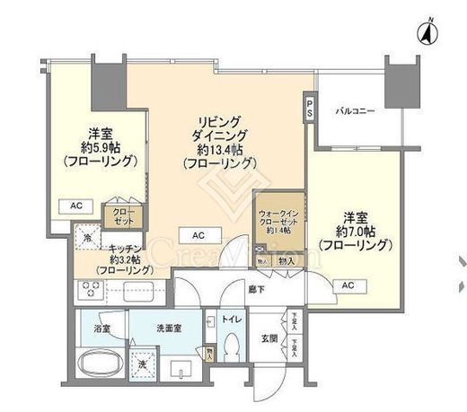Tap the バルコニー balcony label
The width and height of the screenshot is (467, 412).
click(x=356, y=111)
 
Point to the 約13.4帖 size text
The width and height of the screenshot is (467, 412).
click(x=220, y=150)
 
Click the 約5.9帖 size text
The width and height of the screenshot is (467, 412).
click(x=99, y=147)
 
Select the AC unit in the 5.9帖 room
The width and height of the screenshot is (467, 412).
click(x=77, y=206)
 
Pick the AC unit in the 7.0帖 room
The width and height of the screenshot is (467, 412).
click(x=348, y=285)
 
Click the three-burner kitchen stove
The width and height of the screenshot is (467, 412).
click(x=92, y=291)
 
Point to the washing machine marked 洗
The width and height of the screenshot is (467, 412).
click(x=143, y=365)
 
